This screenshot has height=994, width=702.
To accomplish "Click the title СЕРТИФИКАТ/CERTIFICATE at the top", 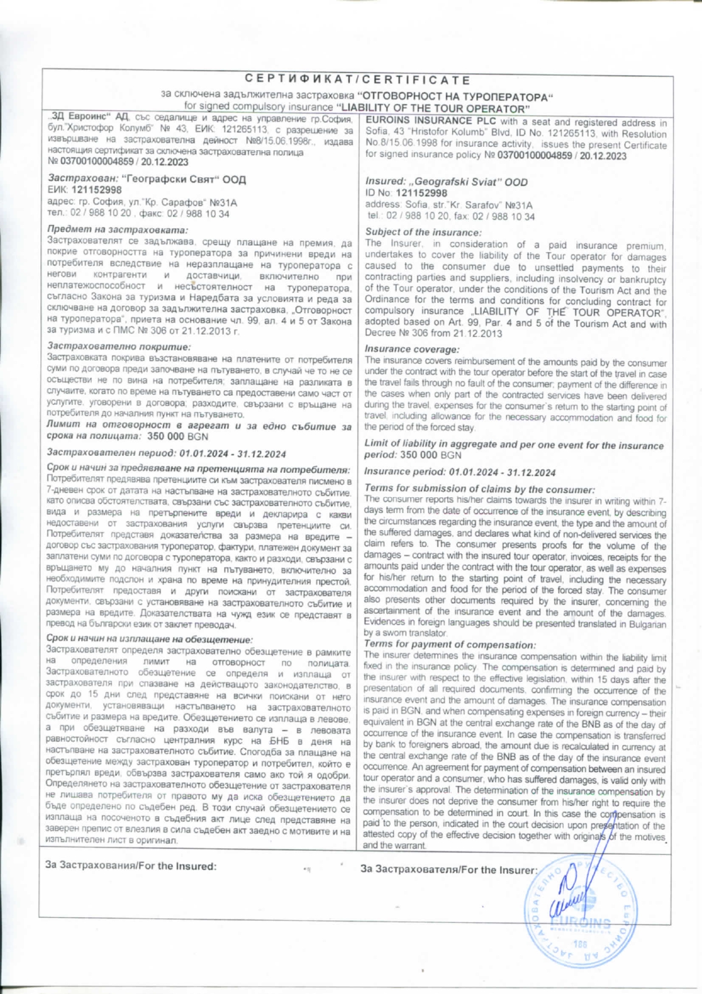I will (358, 80).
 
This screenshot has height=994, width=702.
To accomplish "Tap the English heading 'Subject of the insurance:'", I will (423, 232).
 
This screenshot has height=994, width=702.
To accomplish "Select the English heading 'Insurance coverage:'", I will (412, 349).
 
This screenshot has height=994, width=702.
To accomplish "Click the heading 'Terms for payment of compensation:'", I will (450, 645).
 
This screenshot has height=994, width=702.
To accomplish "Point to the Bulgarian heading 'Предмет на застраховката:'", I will (117, 230).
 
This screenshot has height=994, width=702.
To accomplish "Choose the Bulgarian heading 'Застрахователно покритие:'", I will (119, 347).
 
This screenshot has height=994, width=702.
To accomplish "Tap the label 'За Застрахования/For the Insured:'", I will (131, 866).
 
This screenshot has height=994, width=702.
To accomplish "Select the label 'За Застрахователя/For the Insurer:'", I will (448, 870).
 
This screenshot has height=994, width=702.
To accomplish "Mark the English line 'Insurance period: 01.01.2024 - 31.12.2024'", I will (460, 472).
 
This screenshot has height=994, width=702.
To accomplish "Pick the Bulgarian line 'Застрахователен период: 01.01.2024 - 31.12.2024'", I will (166, 454).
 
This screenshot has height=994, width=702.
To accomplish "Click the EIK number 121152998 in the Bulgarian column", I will (96, 190).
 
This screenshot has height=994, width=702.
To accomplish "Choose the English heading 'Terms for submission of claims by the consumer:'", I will (480, 489).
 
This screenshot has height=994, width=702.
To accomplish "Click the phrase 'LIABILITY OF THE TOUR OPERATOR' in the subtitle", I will (433, 108).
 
